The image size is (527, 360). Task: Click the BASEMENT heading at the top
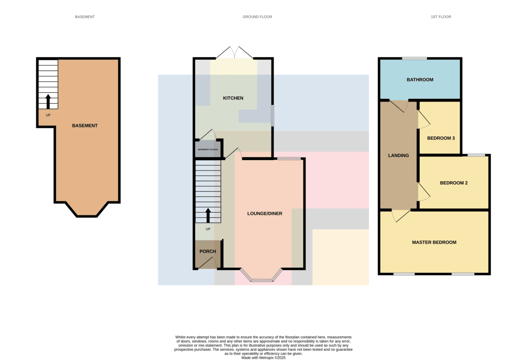pos(85,17)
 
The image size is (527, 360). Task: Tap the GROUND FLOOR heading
pos(257,17)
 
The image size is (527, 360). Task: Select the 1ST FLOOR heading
pos(441,17)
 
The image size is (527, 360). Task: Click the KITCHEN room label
pos(233,98)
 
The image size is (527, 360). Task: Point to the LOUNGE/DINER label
pos(265,214)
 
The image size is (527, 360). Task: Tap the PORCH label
pos(208,251)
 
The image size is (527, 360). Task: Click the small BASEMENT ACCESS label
pos(208,149)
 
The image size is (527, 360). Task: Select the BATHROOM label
pos(420,80)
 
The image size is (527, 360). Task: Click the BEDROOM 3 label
pos(441,138)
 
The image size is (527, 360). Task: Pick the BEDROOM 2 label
pos(454,183)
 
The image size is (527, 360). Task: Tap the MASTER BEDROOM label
pos(434,242)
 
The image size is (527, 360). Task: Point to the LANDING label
pos(399,156)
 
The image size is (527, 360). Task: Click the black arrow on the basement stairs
pos(48,102)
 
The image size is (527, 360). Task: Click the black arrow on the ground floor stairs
pos(208,215)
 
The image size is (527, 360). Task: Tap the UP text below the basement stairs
pos(48,115)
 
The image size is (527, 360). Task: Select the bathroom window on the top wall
pos(415,58)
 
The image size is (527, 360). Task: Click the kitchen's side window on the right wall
pos(272,116)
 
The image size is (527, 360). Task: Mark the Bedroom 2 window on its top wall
pos(476,155)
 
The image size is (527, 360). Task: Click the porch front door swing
pos(207,263)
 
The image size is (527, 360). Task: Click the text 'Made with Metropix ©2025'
pos(263,358)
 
